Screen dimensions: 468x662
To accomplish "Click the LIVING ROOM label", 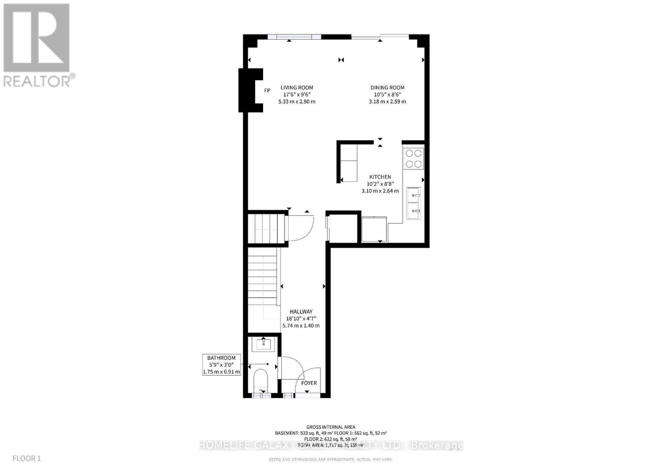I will pos(297,88).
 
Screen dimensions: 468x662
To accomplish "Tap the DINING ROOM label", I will pos(387,88).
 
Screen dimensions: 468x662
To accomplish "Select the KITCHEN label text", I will pos(380,177).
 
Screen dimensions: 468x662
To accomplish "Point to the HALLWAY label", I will pos(301,312).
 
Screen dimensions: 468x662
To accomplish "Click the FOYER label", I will pos(309,383).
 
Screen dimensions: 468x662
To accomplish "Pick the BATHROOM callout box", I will pos(221,365).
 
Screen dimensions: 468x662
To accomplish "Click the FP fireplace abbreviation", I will pos(267,90).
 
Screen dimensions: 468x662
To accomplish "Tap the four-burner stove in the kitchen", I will pos(414,158).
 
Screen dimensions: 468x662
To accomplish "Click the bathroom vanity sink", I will pos(264,344).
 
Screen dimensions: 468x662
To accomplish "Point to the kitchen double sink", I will pos(414,203).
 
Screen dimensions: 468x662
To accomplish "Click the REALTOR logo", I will pos(38,45).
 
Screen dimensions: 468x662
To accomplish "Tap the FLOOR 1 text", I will pos(27,458).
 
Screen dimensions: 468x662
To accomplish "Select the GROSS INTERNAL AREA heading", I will pos(331,427).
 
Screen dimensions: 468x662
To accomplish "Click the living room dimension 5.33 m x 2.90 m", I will pos(297,102).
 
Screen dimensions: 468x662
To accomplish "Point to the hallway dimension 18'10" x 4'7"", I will pos(301,319).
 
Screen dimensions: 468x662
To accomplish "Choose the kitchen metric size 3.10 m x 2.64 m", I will pos(380,191).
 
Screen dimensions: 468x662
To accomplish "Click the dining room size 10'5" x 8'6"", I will pos(387,95).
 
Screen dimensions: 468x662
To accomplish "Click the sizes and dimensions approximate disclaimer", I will pos(331,459).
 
